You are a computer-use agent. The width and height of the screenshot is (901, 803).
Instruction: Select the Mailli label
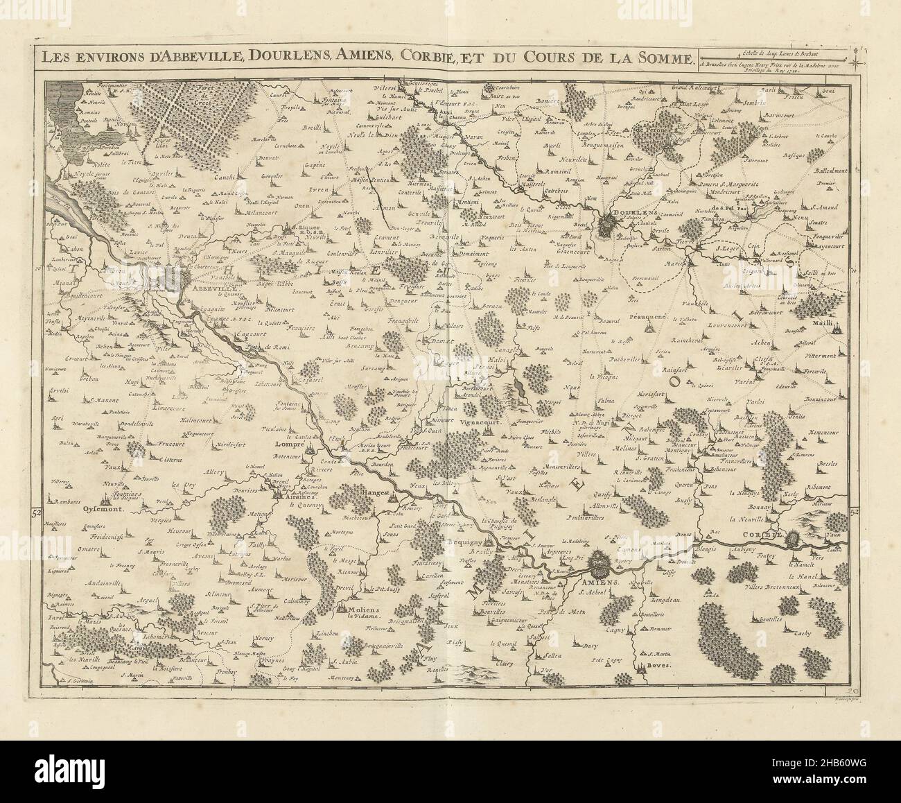(831, 303)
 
